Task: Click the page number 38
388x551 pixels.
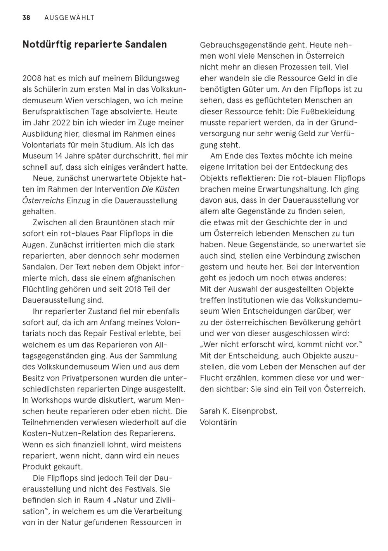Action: pyautogui.click(x=26, y=18)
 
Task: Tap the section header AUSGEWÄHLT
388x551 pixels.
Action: pyautogui.click(x=69, y=18)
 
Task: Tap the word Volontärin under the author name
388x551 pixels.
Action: pyautogui.click(x=218, y=422)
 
